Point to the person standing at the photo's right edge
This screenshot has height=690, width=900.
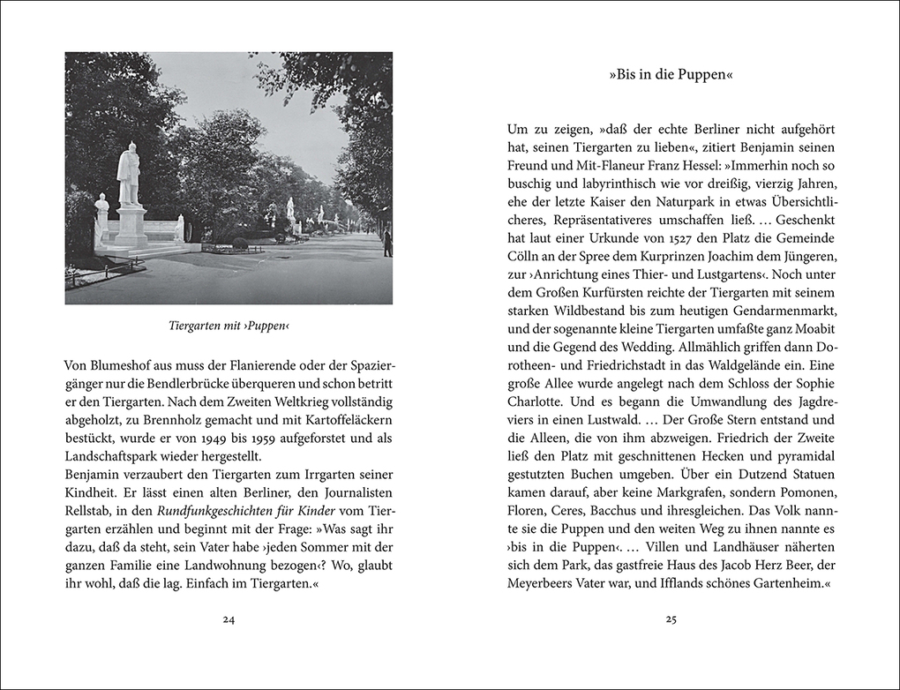click(387, 241)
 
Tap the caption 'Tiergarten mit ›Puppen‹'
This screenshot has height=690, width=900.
click(229, 326)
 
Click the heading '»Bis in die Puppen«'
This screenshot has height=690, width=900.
click(671, 76)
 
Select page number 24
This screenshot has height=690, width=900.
click(229, 619)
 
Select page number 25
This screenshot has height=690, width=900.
click(671, 619)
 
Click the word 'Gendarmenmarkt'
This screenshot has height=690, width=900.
click(782, 311)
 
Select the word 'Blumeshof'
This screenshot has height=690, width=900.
click(120, 364)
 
